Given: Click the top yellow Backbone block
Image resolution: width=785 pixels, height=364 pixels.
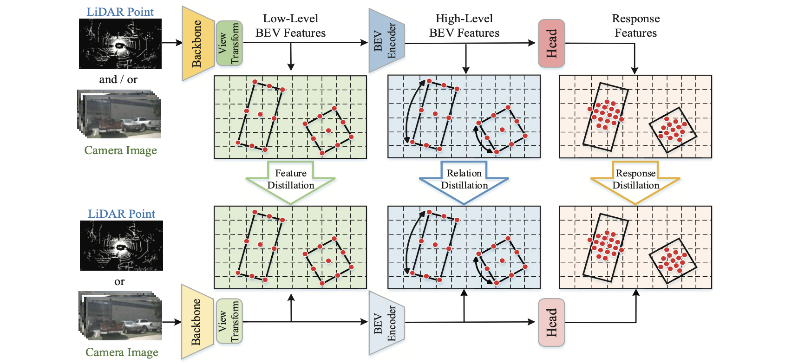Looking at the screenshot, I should coord(197,43).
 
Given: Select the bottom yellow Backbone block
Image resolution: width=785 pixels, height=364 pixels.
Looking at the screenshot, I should coord(197,322).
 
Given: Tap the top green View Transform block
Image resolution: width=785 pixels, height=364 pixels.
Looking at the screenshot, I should coord(229,43).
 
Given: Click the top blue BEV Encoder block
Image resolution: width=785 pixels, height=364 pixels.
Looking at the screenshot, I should coord(386,41).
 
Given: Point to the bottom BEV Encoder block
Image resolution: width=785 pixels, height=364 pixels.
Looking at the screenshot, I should coord(386,323).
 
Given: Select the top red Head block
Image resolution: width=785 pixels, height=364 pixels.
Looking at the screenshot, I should coord(551,43).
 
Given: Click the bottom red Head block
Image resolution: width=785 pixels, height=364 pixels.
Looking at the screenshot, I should coord(551,323).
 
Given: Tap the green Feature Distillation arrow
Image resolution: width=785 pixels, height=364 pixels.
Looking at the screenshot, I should coord(291,182).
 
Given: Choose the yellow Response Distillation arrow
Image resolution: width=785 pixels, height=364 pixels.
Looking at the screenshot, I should coord(635,182).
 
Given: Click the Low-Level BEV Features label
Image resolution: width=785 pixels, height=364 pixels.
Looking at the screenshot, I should coord(291,26).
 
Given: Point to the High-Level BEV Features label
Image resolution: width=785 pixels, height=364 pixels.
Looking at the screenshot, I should coord(464,26).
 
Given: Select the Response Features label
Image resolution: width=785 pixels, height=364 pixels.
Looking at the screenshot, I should coord(635,26).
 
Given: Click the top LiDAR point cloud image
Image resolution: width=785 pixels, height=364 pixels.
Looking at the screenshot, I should coord(120,44).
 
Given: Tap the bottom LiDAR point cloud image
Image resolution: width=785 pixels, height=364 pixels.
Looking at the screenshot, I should coord(121,245).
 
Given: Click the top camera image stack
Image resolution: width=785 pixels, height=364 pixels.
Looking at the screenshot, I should coord(119,114).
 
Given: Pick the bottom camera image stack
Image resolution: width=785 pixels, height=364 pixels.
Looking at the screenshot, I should coord(121,316).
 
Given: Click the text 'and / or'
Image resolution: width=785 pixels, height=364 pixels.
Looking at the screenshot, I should coord(118,79).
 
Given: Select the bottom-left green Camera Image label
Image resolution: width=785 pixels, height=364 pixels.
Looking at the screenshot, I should coord(122,352).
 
